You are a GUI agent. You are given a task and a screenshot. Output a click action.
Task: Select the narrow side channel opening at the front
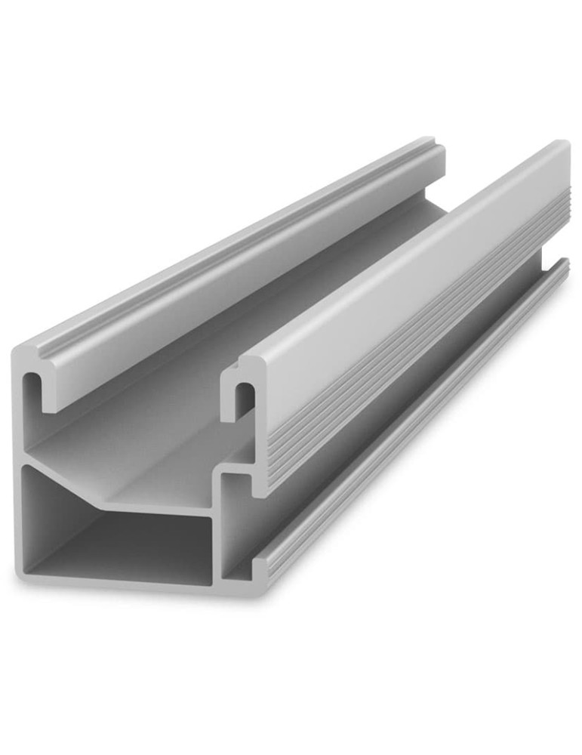236,528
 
